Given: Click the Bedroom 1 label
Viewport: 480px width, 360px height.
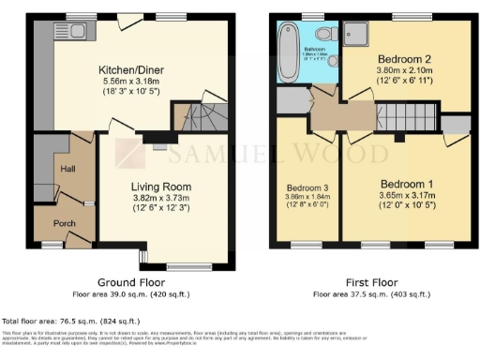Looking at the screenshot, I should coord(398,184).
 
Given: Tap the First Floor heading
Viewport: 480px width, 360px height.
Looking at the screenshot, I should coord(370,282).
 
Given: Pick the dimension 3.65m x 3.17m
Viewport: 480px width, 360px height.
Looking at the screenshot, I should coord(398,196).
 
